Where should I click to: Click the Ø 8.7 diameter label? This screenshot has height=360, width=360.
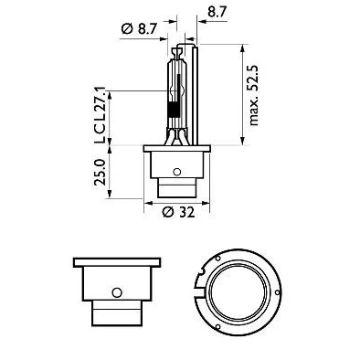pyautogui.click(x=139, y=29)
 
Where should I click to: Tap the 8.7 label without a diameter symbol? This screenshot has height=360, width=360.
pyautogui.click(x=217, y=13)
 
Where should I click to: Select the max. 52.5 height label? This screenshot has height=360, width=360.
pyautogui.click(x=253, y=95)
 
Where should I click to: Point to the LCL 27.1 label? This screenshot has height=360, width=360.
pyautogui.click(x=100, y=115)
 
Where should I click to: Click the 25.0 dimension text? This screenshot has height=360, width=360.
pyautogui.click(x=100, y=172)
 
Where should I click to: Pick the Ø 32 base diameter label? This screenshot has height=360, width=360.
pyautogui.click(x=178, y=212)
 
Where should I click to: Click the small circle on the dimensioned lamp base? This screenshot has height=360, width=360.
pyautogui.click(x=176, y=172)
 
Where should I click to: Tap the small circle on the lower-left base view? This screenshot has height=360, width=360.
pyautogui.click(x=117, y=292)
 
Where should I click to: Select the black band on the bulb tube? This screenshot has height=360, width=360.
pyautogui.click(x=174, y=110)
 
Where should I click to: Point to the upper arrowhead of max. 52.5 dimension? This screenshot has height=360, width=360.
pyautogui.click(x=243, y=48)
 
